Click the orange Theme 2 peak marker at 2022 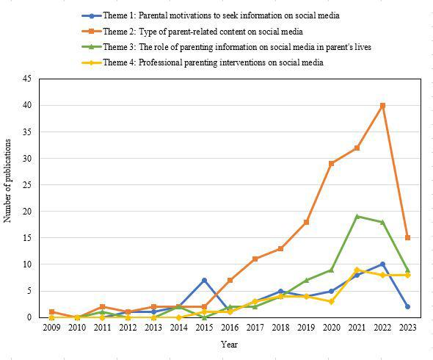pos(382,105)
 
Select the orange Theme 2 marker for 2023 pos(407,238)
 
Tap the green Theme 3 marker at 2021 pos(357,217)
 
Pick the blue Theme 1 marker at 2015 pos(204,280)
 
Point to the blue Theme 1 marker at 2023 pos(407,306)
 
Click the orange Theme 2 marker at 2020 pos(331,163)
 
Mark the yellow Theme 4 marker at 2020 pos(331,301)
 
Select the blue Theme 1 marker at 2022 pos(382,264)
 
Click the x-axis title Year pos(229,344)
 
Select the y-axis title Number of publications pos(8,198)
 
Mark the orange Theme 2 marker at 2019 pos(306,222)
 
